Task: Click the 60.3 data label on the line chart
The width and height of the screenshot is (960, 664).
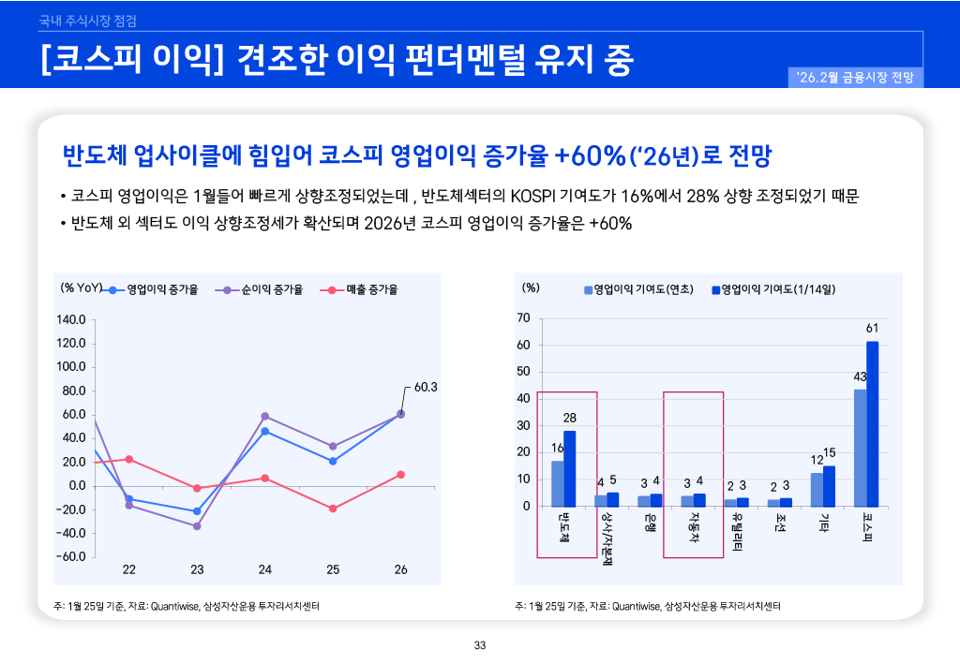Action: click(426, 386)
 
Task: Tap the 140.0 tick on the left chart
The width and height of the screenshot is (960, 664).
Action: click(72, 319)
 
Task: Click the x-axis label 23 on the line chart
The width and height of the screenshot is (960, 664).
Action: click(197, 569)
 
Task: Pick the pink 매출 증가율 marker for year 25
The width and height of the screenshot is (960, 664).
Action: click(333, 509)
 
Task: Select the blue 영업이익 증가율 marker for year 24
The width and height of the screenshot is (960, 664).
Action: click(265, 432)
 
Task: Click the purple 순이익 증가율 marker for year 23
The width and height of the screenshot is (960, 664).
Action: click(197, 526)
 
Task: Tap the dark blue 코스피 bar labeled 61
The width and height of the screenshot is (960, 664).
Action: click(872, 424)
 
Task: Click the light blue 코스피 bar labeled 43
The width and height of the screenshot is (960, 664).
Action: click(860, 448)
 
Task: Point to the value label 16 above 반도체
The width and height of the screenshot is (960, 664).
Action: click(557, 449)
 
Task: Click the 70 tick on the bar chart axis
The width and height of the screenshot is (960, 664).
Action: click(524, 318)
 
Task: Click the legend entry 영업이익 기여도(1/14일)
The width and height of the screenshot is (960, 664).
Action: click(773, 289)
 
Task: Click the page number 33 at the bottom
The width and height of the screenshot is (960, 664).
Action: click(480, 645)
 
